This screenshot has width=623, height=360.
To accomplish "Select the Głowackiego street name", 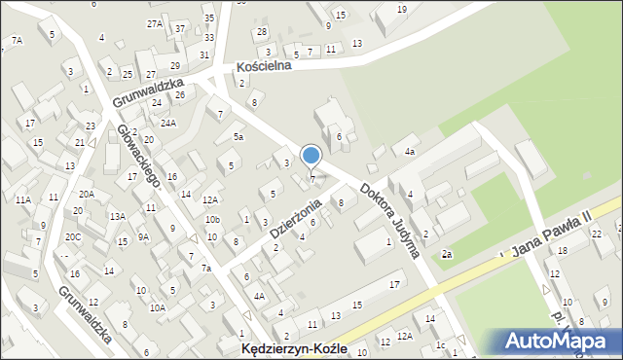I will [x=138, y=155].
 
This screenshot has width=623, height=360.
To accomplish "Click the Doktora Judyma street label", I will [x=388, y=220].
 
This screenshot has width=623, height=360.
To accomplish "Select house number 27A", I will [x=154, y=22].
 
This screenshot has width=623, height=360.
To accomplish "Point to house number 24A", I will [x=168, y=124].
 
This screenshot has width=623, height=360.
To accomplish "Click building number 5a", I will [x=238, y=137].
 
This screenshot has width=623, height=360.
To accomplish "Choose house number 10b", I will [x=212, y=220].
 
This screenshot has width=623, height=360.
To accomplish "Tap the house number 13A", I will [x=118, y=216].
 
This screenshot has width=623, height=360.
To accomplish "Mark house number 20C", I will [x=73, y=236].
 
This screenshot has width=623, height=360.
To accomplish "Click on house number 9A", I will [x=143, y=236].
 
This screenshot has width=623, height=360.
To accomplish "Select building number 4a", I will [x=411, y=152].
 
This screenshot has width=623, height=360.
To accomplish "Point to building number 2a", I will [x=446, y=254].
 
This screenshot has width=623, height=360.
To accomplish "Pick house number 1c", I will [x=440, y=344].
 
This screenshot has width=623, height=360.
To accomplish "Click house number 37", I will [x=180, y=28].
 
